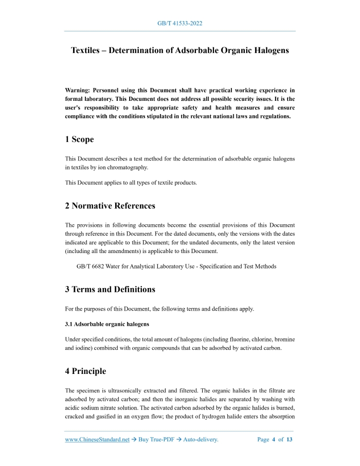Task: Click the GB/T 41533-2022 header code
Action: point(179,24)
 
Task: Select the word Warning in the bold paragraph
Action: point(77,89)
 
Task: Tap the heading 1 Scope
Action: point(79,139)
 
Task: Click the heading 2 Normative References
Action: point(110,206)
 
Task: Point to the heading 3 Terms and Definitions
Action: point(110,289)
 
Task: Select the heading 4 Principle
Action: point(85,371)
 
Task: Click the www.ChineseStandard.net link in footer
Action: point(97,439)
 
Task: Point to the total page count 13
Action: point(290,439)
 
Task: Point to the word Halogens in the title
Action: point(269,50)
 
